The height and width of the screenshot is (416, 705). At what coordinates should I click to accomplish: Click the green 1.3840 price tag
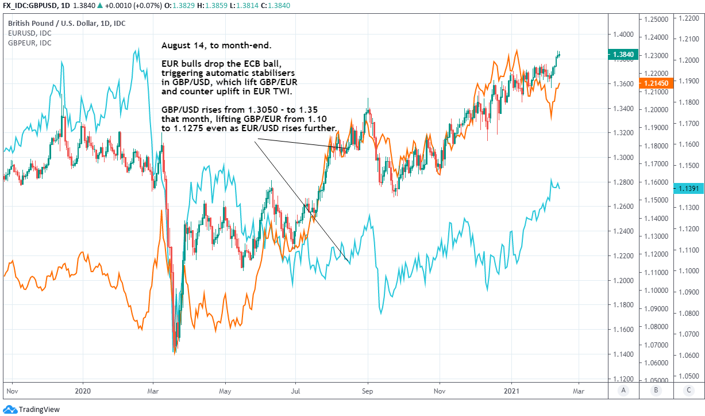(623, 55)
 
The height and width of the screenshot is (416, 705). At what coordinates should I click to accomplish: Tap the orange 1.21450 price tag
(655, 83)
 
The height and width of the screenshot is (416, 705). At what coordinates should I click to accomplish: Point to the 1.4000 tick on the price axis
(623, 35)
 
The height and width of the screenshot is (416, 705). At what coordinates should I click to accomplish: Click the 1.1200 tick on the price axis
(623, 379)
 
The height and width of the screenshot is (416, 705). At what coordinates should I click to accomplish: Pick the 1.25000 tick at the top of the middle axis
(655, 19)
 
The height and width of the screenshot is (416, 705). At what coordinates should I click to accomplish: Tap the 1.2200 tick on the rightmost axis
(688, 19)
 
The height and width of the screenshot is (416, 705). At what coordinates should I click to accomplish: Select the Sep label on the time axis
(368, 390)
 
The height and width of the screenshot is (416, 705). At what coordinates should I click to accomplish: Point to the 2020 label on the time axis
(83, 390)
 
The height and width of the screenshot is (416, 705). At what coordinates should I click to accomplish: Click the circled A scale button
(623, 391)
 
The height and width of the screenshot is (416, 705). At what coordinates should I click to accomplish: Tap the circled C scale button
(689, 391)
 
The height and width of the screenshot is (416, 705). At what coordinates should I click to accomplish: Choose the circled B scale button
(656, 391)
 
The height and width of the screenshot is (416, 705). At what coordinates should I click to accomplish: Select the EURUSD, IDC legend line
(29, 33)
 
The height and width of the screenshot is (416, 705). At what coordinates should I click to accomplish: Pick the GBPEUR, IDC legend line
(29, 43)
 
